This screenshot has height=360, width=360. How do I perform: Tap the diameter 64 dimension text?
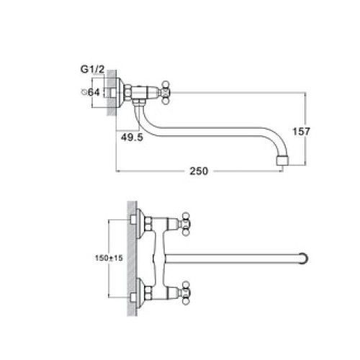90,91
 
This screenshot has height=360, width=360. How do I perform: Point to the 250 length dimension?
199,171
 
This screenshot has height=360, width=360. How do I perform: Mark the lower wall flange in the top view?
138,294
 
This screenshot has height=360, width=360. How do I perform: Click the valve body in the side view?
148,92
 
